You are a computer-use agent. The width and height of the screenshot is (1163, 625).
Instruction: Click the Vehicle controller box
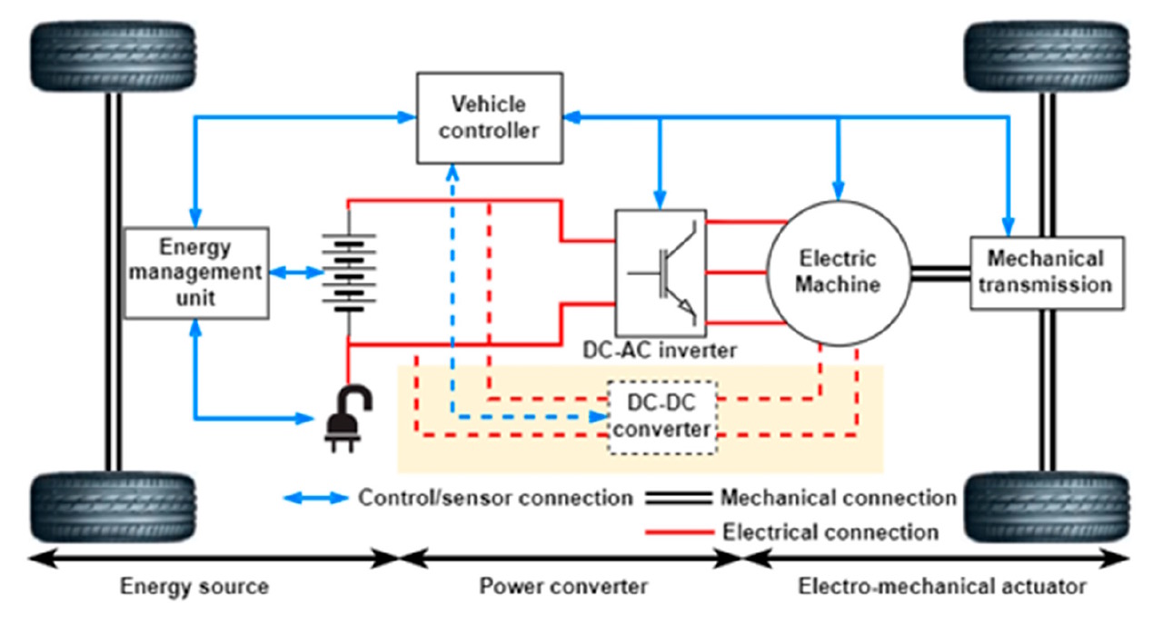pos(488,118)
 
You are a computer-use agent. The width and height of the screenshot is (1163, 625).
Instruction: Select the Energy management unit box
pos(196,273)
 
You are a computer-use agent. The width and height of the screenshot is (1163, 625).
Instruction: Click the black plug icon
pos(343,417)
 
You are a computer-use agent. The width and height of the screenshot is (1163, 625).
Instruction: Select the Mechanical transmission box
pos(1047,273)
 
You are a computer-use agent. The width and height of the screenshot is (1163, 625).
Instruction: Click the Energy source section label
pos(195,587)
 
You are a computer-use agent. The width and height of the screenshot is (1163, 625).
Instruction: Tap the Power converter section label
pos(563,587)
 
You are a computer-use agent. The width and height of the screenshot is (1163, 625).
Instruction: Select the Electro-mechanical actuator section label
pos(942,587)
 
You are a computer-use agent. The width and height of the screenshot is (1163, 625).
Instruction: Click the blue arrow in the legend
pos(315,498)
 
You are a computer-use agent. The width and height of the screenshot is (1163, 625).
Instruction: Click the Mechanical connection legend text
pos(838,498)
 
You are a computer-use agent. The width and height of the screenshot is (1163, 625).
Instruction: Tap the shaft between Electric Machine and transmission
pos(939,273)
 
